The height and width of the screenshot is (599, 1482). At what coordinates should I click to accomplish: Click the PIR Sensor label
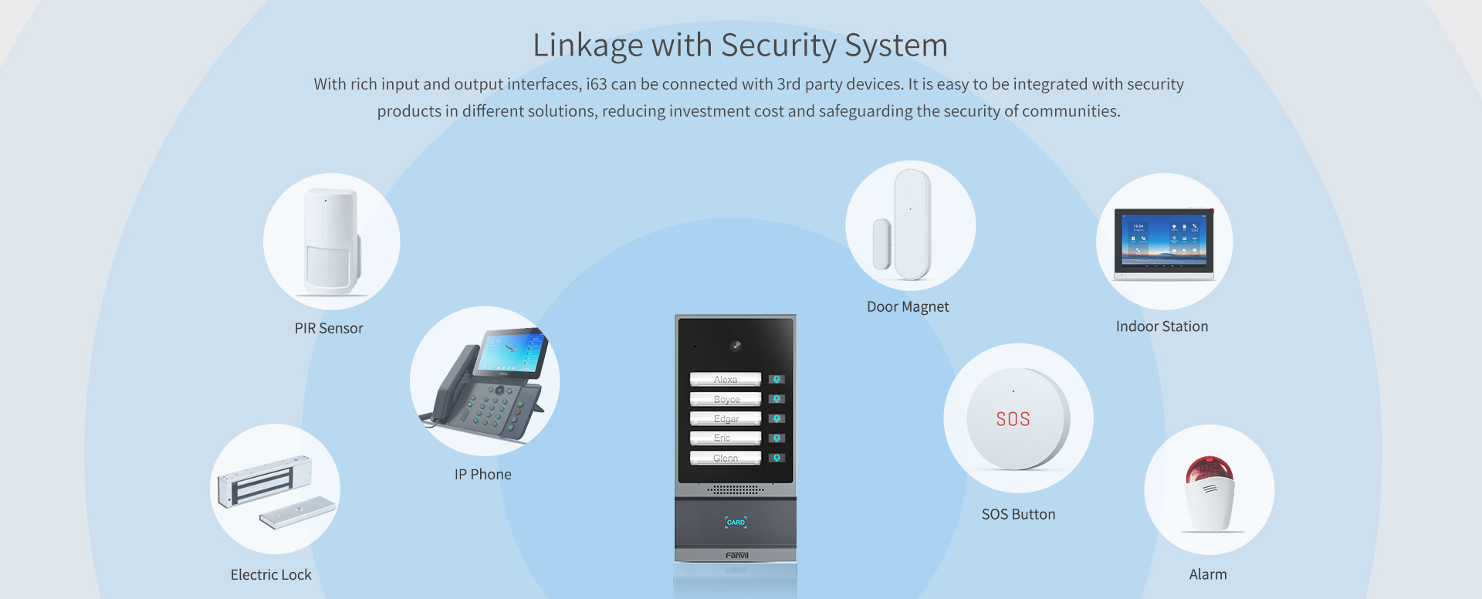(x=329, y=328)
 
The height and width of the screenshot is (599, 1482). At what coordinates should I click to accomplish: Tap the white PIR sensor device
(x=331, y=241)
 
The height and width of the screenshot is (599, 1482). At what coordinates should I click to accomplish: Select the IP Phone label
(x=482, y=475)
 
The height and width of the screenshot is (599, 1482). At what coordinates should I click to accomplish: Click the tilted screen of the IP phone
(x=511, y=352)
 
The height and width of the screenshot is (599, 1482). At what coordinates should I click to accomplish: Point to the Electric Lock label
(x=271, y=575)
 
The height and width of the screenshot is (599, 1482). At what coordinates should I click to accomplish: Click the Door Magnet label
(x=908, y=306)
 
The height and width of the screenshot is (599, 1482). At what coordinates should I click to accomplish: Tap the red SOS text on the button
(x=1013, y=419)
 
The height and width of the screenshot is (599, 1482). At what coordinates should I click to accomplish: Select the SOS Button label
(x=1018, y=514)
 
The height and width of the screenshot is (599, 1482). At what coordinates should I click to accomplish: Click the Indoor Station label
(x=1162, y=327)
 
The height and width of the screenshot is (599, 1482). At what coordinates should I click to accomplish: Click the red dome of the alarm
(x=1209, y=469)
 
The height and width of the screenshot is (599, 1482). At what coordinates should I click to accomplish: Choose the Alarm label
(x=1208, y=574)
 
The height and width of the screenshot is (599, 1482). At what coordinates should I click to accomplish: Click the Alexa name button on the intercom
(x=726, y=379)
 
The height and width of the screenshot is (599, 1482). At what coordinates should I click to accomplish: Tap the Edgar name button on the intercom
(x=726, y=418)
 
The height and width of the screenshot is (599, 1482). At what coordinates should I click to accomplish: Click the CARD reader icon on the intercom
(x=736, y=523)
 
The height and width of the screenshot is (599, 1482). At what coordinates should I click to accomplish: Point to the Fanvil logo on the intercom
(x=736, y=555)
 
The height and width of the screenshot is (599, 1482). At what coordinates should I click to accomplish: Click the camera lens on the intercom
(x=736, y=346)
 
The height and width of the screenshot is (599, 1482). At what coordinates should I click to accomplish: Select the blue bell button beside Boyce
(x=777, y=399)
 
